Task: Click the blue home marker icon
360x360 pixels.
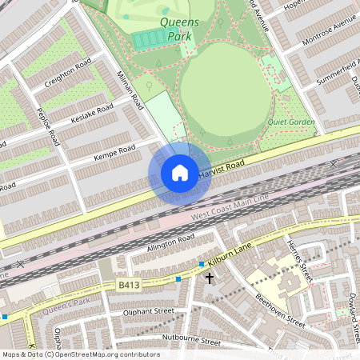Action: [x=180, y=173]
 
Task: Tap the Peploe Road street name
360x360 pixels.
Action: [x=49, y=126]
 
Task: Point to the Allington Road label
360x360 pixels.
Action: [x=170, y=241]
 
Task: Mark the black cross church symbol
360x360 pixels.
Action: [x=210, y=278]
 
